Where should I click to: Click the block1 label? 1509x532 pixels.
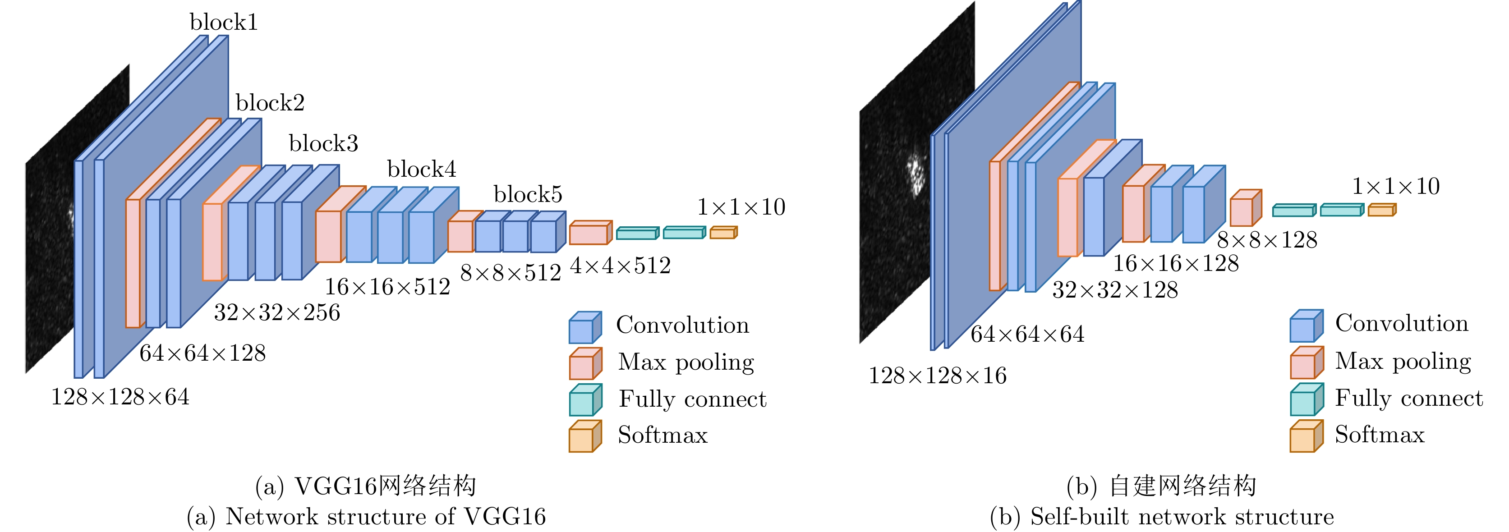pyautogui.click(x=223, y=22)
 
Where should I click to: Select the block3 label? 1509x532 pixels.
pyautogui.click(x=323, y=143)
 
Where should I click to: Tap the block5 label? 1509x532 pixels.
pyautogui.click(x=527, y=194)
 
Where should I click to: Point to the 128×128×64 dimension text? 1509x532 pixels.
pyautogui.click(x=120, y=397)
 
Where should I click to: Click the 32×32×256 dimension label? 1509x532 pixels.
pyautogui.click(x=276, y=313)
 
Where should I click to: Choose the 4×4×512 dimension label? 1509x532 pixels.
pyautogui.click(x=620, y=266)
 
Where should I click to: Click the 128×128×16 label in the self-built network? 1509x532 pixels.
pyautogui.click(x=937, y=376)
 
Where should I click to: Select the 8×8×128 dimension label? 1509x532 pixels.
pyautogui.click(x=1266, y=240)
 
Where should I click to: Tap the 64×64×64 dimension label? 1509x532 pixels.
pyautogui.click(x=1027, y=335)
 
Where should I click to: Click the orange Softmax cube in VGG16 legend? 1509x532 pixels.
pyautogui.click(x=584, y=436)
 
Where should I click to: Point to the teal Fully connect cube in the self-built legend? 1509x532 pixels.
pyautogui.click(x=1306, y=399)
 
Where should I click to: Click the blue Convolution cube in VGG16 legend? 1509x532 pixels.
pyautogui.click(x=584, y=327)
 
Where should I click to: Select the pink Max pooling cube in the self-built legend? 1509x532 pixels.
pyautogui.click(x=1306, y=362)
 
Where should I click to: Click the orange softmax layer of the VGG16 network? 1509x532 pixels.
pyautogui.click(x=723, y=233)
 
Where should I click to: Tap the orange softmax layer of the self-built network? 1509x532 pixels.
pyautogui.click(x=1382, y=210)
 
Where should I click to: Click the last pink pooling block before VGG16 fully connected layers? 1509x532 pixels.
pyautogui.click(x=590, y=233)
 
